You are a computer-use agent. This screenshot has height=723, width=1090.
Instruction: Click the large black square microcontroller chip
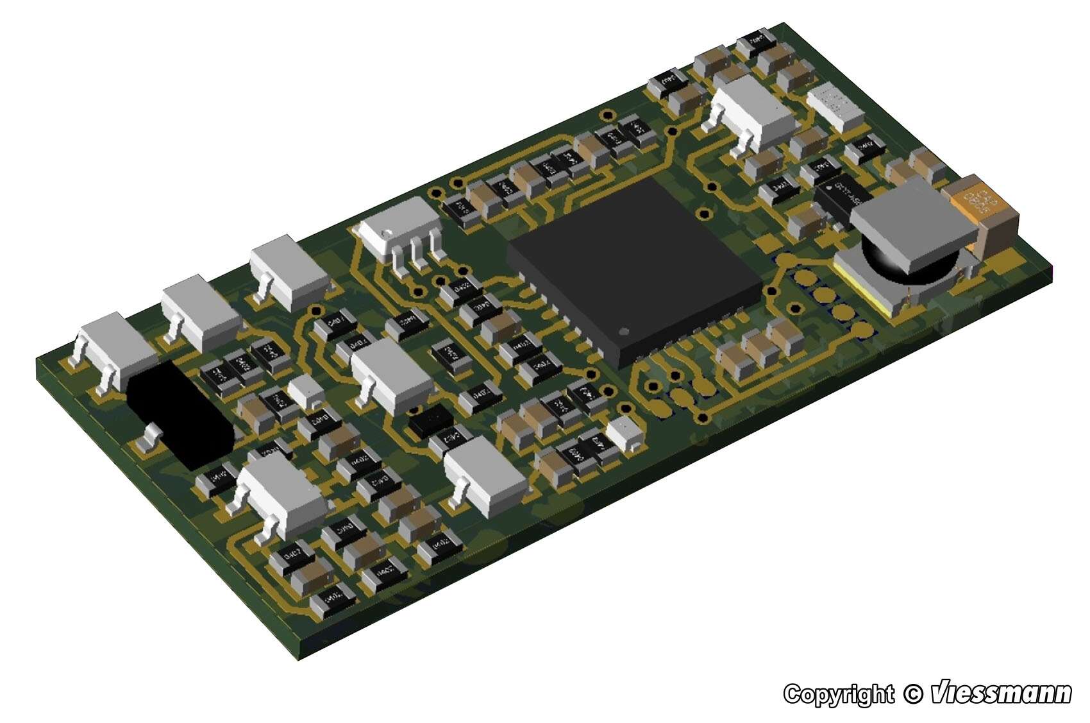pos(635,273)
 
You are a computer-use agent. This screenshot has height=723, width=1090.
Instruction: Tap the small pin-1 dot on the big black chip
pos(626,332)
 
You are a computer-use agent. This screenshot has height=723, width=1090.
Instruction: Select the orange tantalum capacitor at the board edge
pos(984,212)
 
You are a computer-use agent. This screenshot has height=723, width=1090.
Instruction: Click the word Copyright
pos(838,694)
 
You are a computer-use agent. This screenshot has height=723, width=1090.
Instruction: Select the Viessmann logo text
pos(1000,693)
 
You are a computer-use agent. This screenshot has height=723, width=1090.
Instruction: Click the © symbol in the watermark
pos(912,694)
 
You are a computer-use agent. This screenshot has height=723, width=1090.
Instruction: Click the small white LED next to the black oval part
pos(305,391)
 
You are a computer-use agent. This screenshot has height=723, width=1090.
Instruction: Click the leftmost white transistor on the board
pos(115,350)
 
